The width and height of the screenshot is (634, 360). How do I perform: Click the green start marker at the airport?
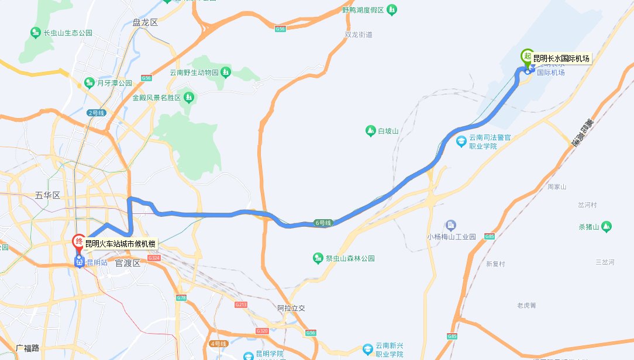coord(527,57)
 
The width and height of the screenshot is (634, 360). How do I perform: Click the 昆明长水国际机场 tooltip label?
coord(561,58)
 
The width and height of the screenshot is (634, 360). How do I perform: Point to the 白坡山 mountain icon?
coord(370,131)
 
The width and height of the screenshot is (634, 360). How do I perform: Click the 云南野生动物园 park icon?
coord(226,72)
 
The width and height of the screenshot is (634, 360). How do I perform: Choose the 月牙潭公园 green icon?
coord(89,82)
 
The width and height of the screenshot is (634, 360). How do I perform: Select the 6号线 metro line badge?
coord(323,223)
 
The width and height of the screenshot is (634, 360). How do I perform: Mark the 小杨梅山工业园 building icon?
coord(450,225)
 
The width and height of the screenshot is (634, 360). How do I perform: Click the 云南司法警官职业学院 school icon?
coord(461,141)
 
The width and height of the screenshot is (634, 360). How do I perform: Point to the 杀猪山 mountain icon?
coord(607,226)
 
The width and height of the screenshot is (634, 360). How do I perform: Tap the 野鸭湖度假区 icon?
coord(391,10)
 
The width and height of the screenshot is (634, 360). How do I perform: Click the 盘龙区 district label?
coord(145,23)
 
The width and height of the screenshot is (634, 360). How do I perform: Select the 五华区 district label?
coord(47,195)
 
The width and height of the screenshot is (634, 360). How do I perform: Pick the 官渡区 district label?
coord(128,264)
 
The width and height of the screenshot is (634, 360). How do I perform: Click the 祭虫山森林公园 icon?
coord(318,257)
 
